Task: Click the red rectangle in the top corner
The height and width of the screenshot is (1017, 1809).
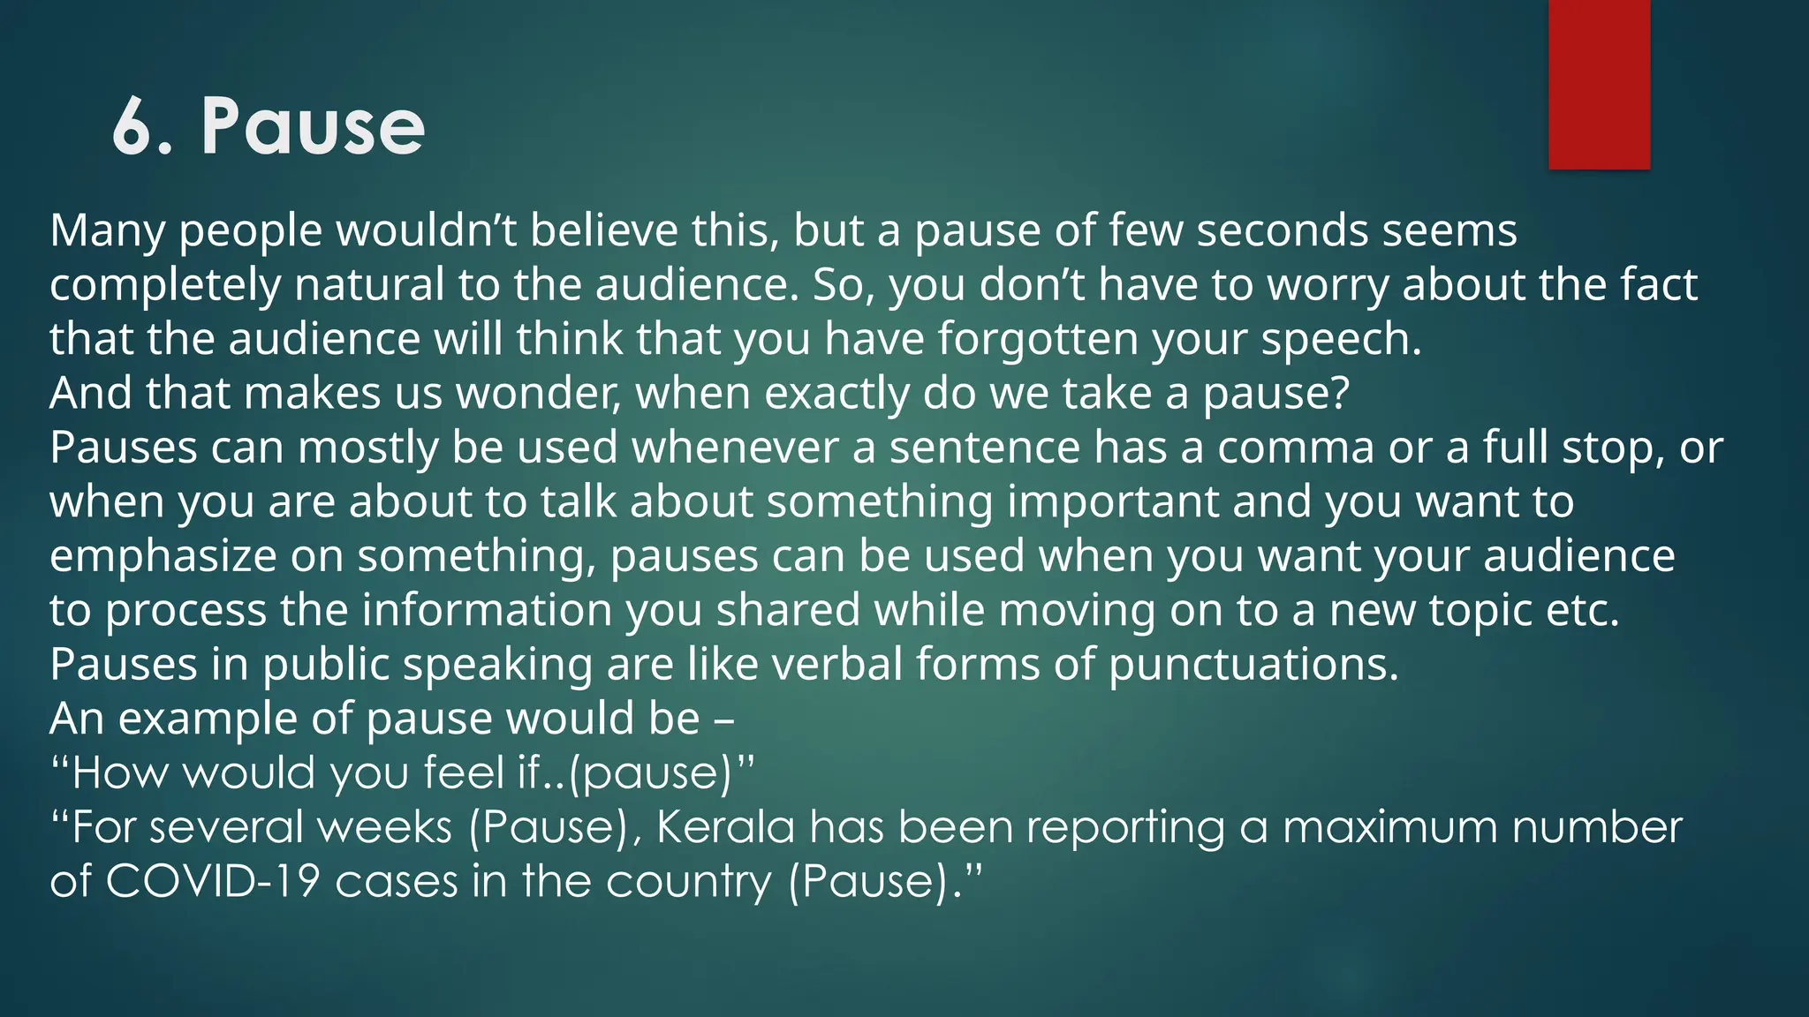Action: coord(1599,84)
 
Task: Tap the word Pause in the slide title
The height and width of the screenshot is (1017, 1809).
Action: coord(314,127)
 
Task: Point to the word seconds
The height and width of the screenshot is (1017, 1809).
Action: coord(1281,230)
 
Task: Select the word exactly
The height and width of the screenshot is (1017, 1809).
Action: coord(836,394)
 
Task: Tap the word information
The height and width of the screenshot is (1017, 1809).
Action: coord(487,611)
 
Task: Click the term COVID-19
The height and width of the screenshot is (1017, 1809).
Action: coord(212,882)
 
